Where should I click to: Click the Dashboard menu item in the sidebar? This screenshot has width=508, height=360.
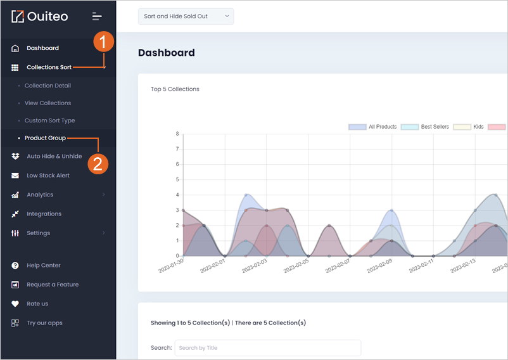pyautogui.click(x=43, y=48)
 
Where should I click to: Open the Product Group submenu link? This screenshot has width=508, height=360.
pyautogui.click(x=45, y=138)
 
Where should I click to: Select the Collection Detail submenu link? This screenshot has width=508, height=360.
pyautogui.click(x=48, y=86)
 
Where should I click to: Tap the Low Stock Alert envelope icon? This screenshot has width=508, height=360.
pyautogui.click(x=15, y=176)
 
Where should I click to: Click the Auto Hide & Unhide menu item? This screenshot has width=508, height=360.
pyautogui.click(x=54, y=156)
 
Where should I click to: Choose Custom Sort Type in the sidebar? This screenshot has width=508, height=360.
pyautogui.click(x=49, y=120)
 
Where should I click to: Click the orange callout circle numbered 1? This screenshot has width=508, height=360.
pyautogui.click(x=104, y=42)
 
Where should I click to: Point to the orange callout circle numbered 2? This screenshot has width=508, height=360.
pyautogui.click(x=98, y=164)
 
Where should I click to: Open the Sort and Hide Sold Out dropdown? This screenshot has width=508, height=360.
pyautogui.click(x=186, y=16)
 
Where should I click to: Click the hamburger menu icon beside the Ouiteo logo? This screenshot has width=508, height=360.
pyautogui.click(x=97, y=16)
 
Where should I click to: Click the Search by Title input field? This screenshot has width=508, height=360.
pyautogui.click(x=267, y=348)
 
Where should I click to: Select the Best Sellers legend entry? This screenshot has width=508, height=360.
pyautogui.click(x=425, y=127)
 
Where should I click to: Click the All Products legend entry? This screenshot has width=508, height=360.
pyautogui.click(x=372, y=127)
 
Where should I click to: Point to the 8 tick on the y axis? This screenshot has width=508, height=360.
pyautogui.click(x=177, y=134)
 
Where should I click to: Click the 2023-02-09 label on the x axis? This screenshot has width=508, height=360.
pyautogui.click(x=379, y=266)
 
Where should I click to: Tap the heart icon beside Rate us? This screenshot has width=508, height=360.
pyautogui.click(x=15, y=304)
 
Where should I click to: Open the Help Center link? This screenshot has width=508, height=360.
pyautogui.click(x=44, y=266)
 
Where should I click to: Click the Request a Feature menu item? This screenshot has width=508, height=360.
pyautogui.click(x=53, y=285)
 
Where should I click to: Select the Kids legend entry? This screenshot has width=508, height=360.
pyautogui.click(x=469, y=127)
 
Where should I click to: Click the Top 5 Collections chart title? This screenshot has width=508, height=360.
pyautogui.click(x=175, y=89)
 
